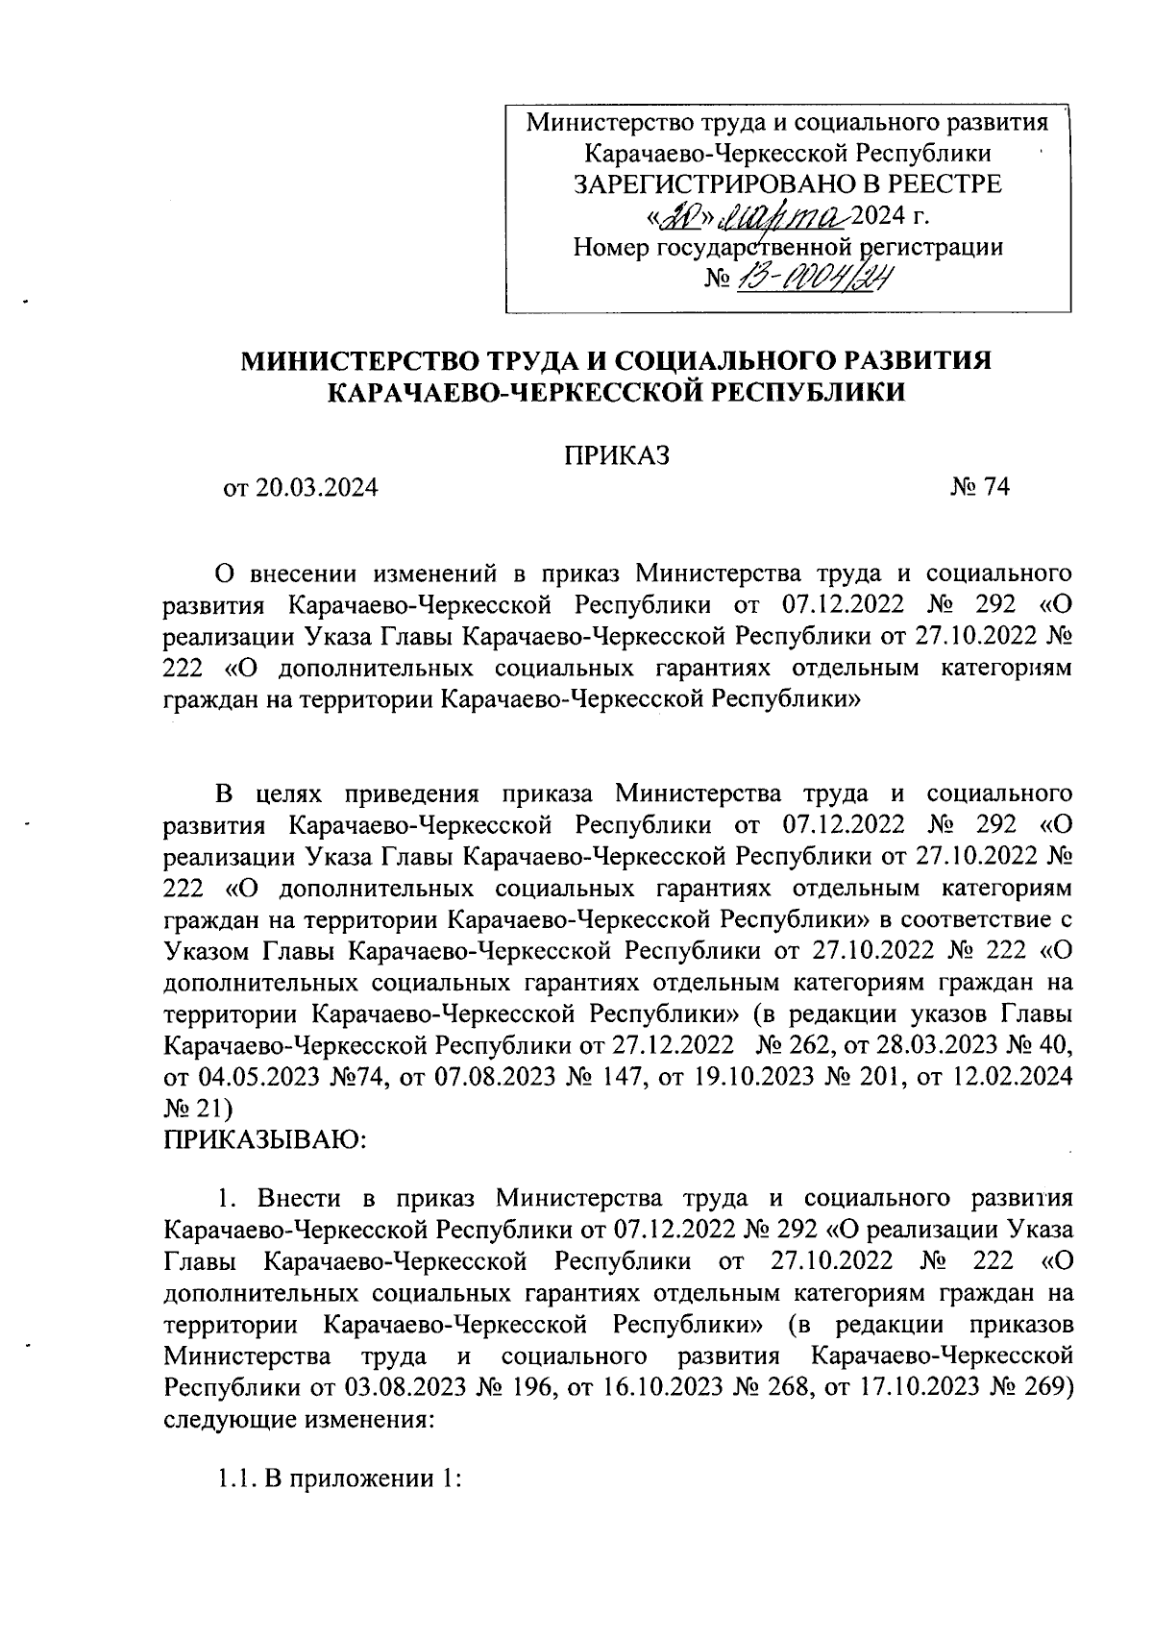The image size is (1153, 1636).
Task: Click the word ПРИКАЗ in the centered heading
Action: (x=615, y=453)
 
